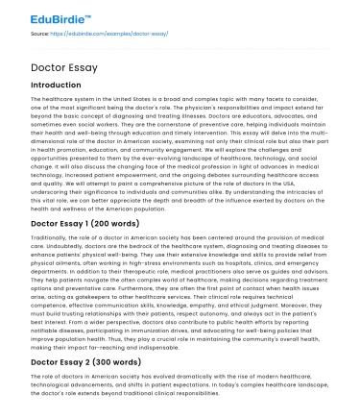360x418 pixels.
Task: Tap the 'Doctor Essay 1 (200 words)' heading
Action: point(82,223)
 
